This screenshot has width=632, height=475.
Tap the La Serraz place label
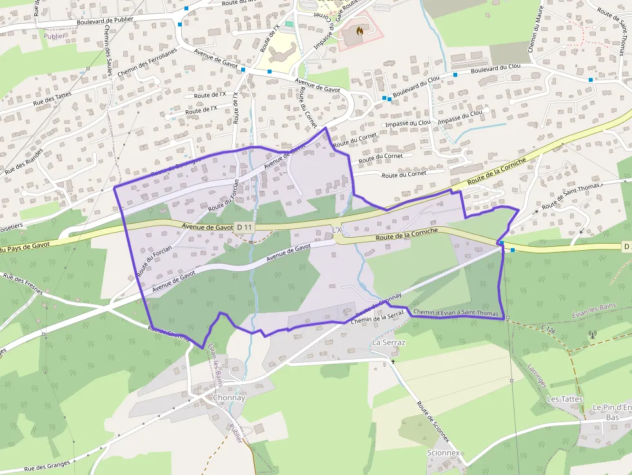coord(389,342)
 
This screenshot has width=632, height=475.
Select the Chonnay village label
coord(229,398)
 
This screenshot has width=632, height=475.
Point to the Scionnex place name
coord(443,452)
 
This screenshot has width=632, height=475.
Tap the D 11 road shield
coord(244,227)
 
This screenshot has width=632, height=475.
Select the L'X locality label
coord(337,229)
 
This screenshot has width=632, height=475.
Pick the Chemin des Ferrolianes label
coord(147,61)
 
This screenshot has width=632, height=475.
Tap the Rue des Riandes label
coord(24,162)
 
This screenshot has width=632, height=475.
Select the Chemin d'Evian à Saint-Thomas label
coord(457,313)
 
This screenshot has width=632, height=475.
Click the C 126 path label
coord(548,330)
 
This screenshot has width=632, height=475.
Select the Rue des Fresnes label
coord(23,284)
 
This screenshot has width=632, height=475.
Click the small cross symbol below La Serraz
coord(393,362)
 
